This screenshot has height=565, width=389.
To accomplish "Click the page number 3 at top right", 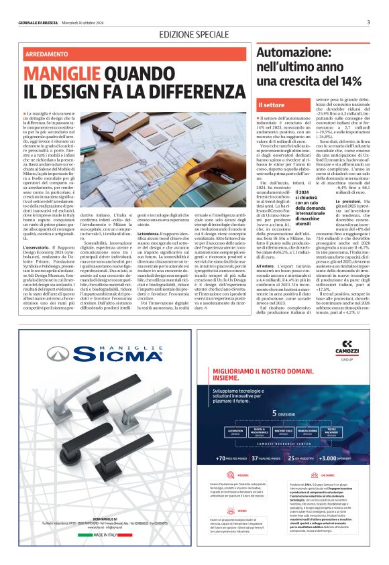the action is pos(368,21).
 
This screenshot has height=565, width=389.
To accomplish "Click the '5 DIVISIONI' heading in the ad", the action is pos(296,413).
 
